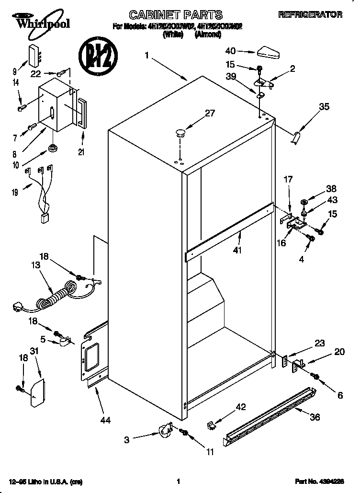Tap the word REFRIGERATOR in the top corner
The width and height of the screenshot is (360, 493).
(310, 15)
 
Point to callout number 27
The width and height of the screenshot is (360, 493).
(210, 114)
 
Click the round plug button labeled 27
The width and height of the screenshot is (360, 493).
(180, 132)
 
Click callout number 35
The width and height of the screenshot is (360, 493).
(324, 107)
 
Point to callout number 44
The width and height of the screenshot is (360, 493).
(106, 421)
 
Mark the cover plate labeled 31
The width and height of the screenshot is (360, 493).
(37, 392)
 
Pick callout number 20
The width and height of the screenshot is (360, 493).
(339, 352)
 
